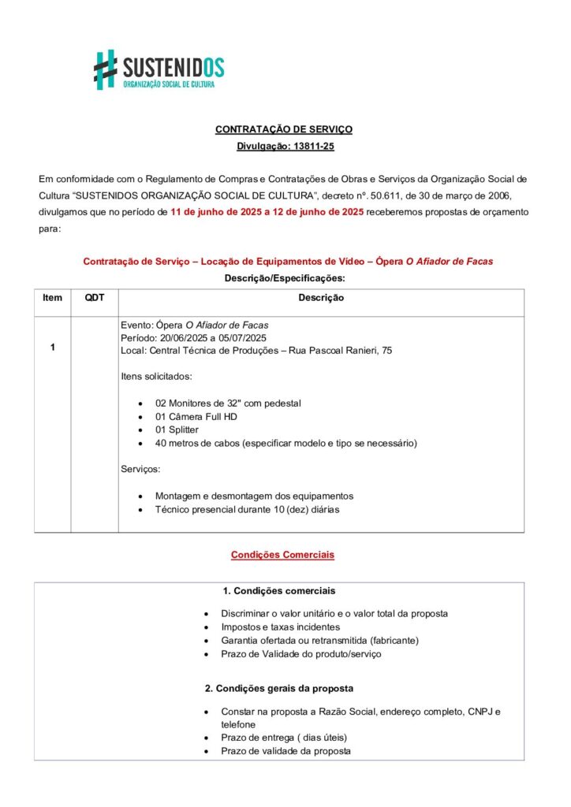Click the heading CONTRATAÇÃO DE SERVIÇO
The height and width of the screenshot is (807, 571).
[284, 129]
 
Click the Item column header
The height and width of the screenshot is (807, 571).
[52, 298]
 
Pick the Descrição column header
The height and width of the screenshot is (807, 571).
[320, 298]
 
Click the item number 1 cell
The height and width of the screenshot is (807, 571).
[52, 347]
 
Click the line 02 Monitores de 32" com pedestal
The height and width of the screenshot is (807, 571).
[228, 403]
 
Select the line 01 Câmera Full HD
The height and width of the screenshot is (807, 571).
[196, 417]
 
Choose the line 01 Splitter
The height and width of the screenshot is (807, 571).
[177, 430]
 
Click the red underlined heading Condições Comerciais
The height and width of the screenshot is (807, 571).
[282, 555]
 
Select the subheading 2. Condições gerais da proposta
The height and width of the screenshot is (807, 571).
[278, 688]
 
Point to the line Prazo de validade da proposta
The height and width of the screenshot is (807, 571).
[285, 751]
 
